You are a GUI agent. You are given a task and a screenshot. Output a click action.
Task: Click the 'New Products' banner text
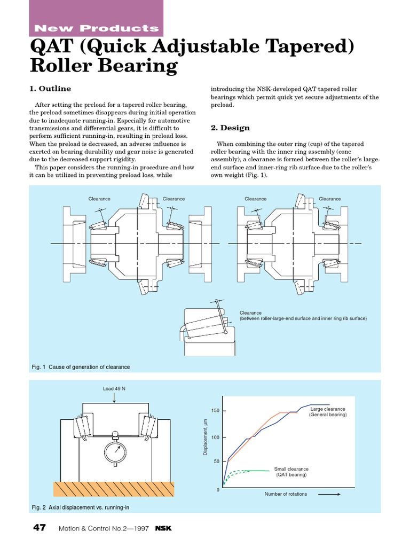96,28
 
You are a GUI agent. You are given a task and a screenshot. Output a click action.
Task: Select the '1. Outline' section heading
50,89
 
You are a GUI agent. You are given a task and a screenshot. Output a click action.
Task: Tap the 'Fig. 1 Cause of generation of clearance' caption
81,367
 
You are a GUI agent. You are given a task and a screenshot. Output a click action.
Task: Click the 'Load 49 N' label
114,388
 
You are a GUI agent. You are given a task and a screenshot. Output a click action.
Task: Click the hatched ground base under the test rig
114,488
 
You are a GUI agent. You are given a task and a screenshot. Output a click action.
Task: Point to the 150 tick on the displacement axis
215,411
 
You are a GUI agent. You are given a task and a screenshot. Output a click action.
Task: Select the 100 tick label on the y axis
215,437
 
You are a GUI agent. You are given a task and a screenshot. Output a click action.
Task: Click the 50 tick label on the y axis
216,462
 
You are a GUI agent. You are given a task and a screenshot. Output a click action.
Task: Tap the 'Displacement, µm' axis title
204,437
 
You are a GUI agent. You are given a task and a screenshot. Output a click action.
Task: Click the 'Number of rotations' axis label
286,494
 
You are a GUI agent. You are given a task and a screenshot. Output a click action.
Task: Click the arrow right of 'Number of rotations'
329,494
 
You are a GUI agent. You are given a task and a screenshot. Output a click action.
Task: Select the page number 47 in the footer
40,528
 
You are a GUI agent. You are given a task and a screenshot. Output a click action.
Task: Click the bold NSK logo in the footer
163,528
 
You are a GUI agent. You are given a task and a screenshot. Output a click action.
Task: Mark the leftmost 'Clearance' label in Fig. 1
99,199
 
